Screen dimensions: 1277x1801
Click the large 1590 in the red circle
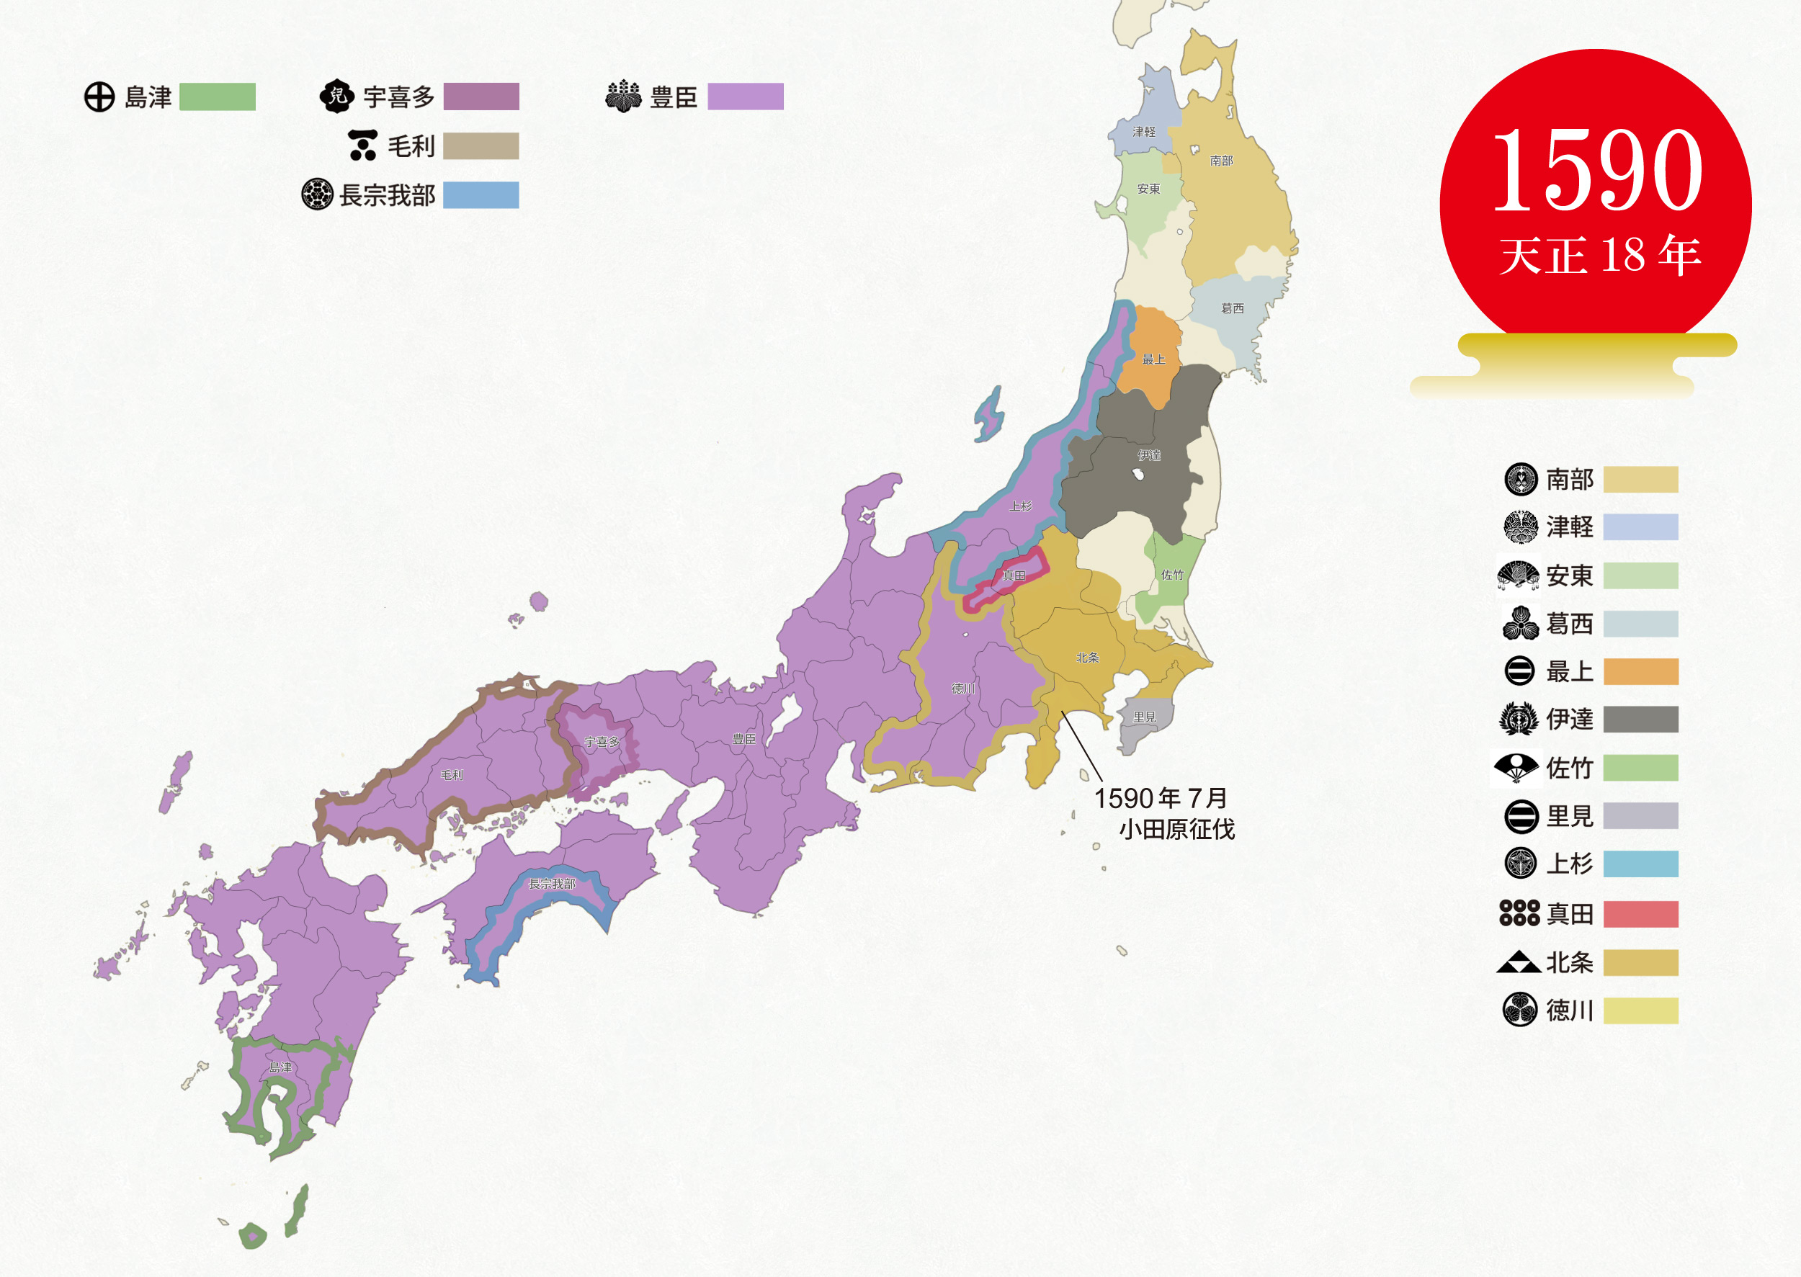[x=1596, y=171]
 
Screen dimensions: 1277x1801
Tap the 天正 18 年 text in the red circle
[x=1600, y=256]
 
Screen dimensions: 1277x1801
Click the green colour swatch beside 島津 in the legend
[x=217, y=97]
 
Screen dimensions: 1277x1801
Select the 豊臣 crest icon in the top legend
[x=624, y=96]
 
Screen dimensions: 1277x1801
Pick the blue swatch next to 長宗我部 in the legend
[x=481, y=195]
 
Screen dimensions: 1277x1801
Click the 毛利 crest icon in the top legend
[x=362, y=145]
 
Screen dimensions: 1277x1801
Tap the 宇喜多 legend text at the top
[x=398, y=97]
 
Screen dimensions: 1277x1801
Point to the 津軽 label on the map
[x=1143, y=131]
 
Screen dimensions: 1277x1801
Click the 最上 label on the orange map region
[x=1154, y=359]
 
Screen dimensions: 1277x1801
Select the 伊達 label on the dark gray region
[x=1149, y=455]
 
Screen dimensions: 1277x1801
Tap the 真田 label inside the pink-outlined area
[x=1014, y=575]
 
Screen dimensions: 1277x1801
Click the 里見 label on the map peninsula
[x=1144, y=717]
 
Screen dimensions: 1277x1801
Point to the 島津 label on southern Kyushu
[x=280, y=1067]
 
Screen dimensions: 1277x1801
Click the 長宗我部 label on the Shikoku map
[x=551, y=884]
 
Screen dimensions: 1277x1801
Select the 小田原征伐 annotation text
[x=1176, y=830]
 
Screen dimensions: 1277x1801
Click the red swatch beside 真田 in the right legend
[x=1640, y=914]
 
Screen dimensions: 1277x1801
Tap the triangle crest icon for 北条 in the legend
[x=1518, y=962]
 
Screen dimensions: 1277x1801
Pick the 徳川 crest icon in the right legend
[x=1519, y=1010]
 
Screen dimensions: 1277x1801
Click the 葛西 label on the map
[x=1233, y=308]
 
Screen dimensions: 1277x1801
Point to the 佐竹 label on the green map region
[x=1172, y=575]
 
